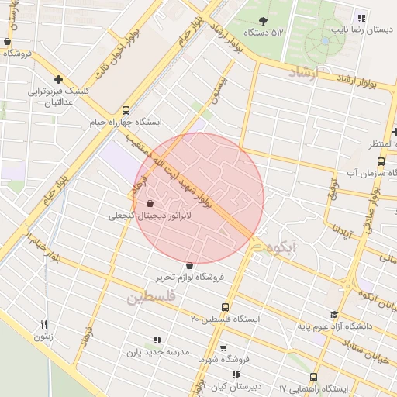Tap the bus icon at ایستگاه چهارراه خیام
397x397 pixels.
[126, 110]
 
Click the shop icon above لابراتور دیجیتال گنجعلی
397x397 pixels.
[161, 205]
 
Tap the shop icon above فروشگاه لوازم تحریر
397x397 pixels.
[189, 265]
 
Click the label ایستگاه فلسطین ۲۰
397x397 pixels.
[226, 319]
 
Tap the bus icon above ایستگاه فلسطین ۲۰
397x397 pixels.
[226, 307]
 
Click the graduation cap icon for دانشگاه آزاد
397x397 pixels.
[334, 315]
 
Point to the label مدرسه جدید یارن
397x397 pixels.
[158, 352]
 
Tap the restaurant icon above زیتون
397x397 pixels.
[44, 324]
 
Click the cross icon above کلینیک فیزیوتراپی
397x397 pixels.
[59, 79]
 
